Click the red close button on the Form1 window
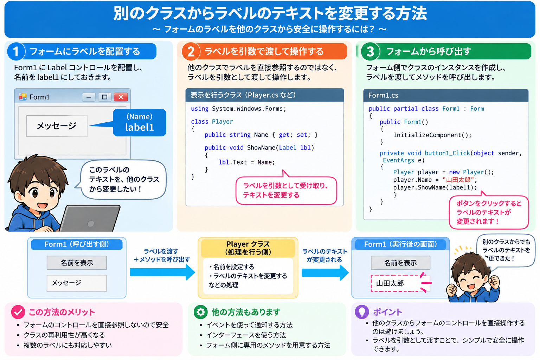(121, 97)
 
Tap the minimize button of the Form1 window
(89, 97)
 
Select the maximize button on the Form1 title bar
(105, 97)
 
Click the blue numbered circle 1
(16, 51)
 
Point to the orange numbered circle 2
(191, 51)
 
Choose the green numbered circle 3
(370, 51)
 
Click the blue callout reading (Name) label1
(139, 122)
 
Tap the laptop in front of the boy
(90, 218)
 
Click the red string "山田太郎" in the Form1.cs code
(458, 180)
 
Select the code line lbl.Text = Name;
(246, 162)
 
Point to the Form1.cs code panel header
(446, 95)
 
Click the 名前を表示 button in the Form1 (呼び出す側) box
(77, 263)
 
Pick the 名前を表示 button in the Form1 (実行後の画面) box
(400, 263)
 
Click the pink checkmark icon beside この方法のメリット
(18, 312)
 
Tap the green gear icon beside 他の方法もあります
(201, 312)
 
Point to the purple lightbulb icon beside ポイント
(362, 312)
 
